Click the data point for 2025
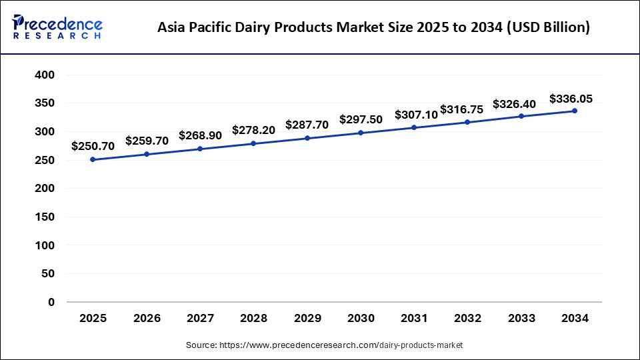point(93,160)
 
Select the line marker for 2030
point(361,133)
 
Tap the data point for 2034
point(575,111)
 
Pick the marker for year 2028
point(253,143)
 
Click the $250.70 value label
point(93,146)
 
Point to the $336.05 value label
point(571,99)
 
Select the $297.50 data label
point(361,119)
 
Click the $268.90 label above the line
point(200,135)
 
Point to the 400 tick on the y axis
point(44,75)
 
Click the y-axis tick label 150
point(44,217)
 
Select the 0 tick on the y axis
point(51,303)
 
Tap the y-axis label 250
point(44,161)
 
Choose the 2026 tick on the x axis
point(147,319)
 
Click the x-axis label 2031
point(414,319)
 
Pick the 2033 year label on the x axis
point(521,319)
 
